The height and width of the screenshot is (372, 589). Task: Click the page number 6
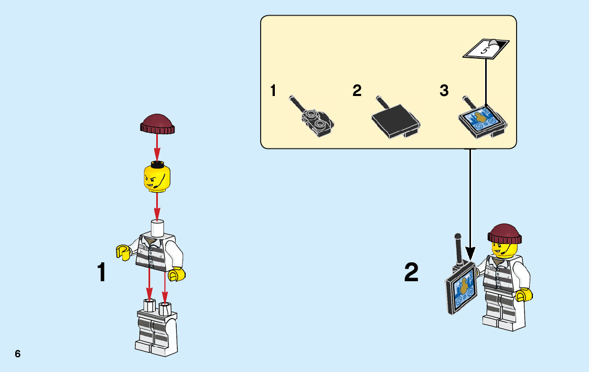pos(18,354)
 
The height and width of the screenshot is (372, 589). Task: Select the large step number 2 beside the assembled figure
pos(412,273)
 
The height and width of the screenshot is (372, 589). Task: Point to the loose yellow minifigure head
pos(157,177)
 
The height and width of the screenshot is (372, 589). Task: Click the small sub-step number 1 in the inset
pos(273,91)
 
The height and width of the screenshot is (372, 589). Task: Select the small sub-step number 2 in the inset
pos(357,91)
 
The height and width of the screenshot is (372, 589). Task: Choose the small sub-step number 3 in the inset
pos(444,91)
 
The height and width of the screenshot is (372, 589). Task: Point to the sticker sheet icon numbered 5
pos(486,49)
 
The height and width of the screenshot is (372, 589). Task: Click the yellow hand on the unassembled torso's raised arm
pos(124,252)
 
